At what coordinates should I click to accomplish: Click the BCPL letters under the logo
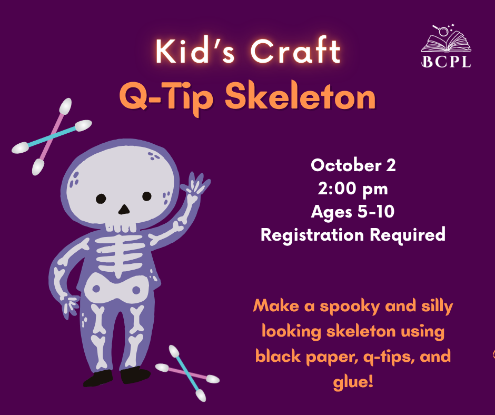[446, 62]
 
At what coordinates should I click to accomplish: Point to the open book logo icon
[446, 38]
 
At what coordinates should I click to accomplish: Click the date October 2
[353, 165]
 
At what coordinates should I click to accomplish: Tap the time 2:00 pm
[353, 189]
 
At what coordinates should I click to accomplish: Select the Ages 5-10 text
[353, 212]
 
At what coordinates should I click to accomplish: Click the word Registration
[312, 235]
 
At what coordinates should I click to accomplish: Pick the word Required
[408, 235]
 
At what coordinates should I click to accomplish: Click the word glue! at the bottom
[353, 381]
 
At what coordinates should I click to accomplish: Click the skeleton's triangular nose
[124, 210]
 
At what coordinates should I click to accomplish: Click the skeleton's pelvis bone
[116, 289]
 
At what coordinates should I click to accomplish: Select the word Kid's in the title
[195, 51]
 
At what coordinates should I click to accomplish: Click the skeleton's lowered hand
[70, 305]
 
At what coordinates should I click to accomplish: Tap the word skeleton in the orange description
[361, 331]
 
